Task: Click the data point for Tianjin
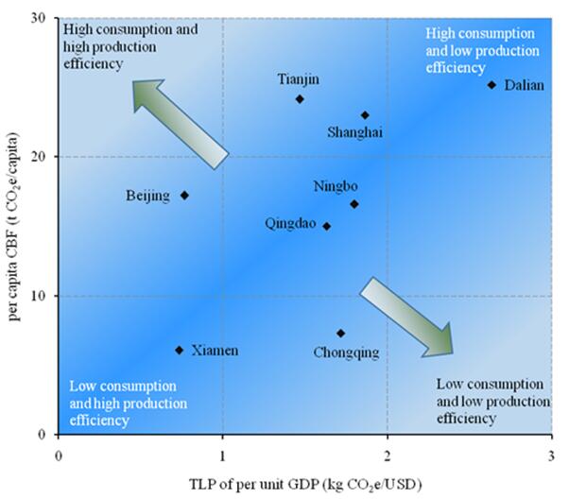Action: [x=300, y=99]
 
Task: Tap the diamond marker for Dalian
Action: [x=491, y=85]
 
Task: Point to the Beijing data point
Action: [x=184, y=196]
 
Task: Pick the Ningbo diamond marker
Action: [x=354, y=204]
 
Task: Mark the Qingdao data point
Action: [x=327, y=226]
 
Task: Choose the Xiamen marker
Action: [x=179, y=350]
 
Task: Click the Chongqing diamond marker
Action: [x=340, y=333]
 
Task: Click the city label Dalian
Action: [x=524, y=85]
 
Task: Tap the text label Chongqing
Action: [x=346, y=353]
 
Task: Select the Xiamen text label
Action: [x=216, y=351]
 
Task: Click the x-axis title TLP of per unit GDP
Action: [x=305, y=482]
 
